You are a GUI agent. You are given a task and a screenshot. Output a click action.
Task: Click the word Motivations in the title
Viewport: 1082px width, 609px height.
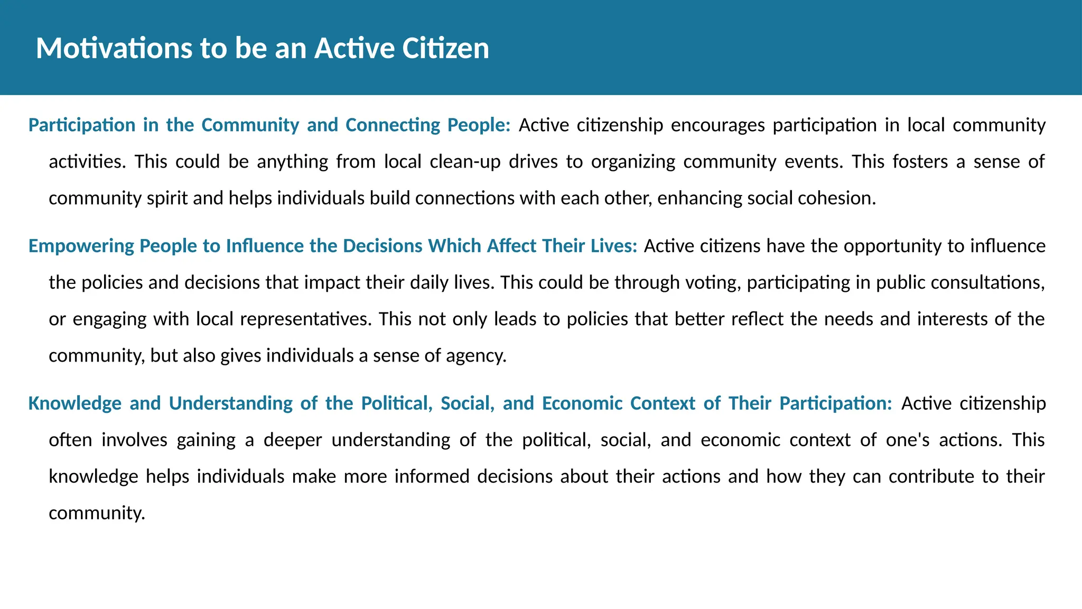click(114, 48)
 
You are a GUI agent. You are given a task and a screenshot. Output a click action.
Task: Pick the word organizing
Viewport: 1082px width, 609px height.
click(633, 162)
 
